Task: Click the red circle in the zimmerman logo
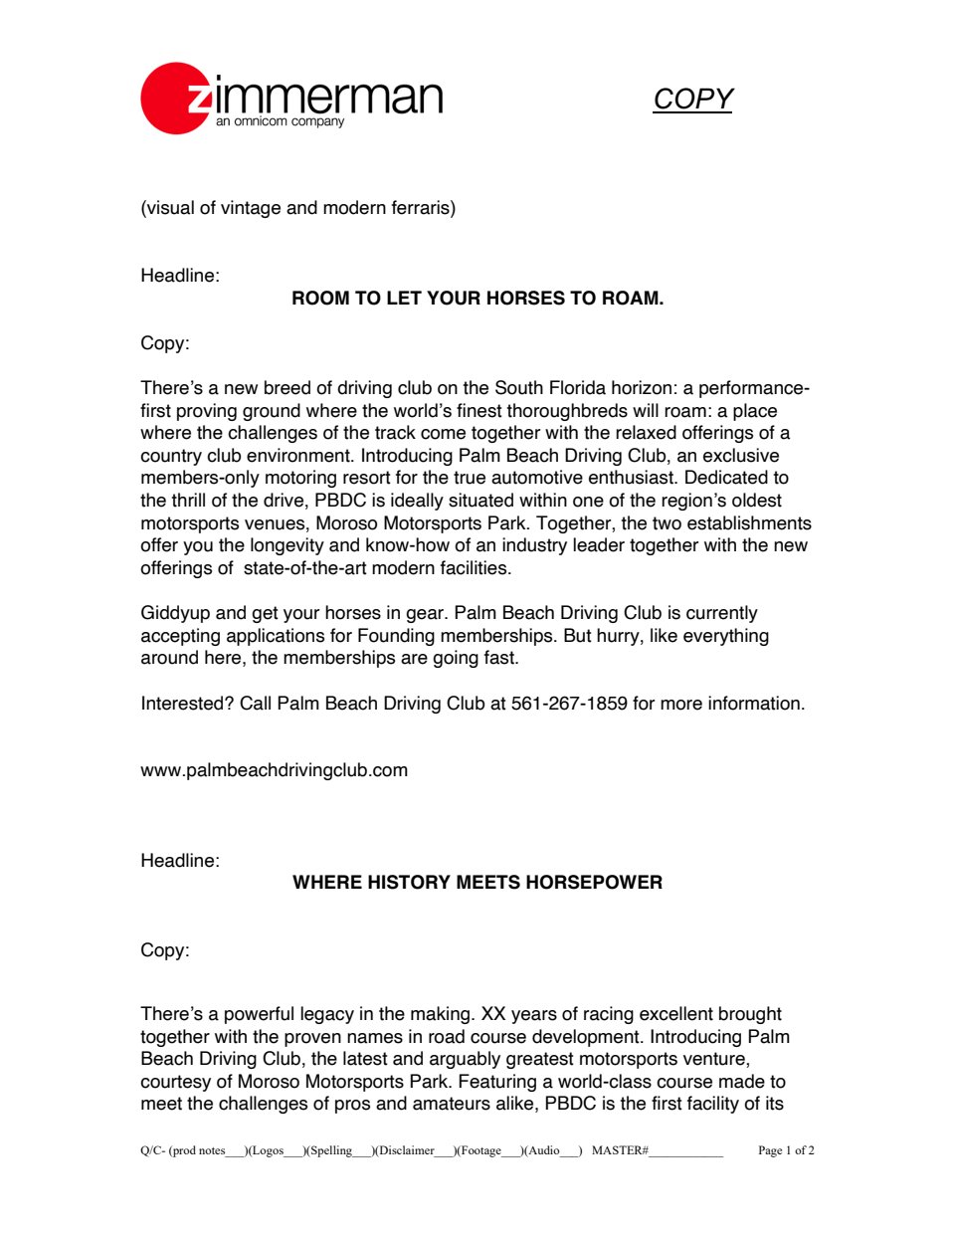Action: pyautogui.click(x=175, y=99)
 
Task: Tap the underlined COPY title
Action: pyautogui.click(x=692, y=100)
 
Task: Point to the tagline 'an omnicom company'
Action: pyautogui.click(x=280, y=121)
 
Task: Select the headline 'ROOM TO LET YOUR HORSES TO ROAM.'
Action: pyautogui.click(x=477, y=299)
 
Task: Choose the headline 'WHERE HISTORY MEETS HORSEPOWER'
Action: pyautogui.click(x=477, y=883)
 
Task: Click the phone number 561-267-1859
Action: pyautogui.click(x=569, y=704)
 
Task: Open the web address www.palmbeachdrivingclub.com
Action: pyautogui.click(x=274, y=770)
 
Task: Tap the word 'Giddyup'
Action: pyautogui.click(x=175, y=613)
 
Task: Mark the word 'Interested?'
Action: pyautogui.click(x=187, y=704)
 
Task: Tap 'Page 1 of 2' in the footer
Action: pyautogui.click(x=786, y=1150)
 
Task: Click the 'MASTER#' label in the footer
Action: pyautogui.click(x=620, y=1150)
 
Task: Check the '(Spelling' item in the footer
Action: pyautogui.click(x=328, y=1150)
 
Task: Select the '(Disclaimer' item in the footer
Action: pyautogui.click(x=404, y=1150)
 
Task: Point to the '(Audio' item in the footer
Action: pyautogui.click(x=542, y=1150)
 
